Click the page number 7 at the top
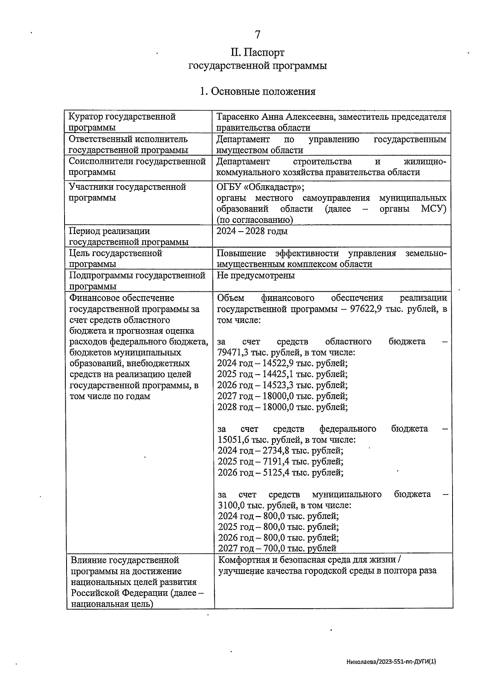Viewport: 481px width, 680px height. click(x=258, y=35)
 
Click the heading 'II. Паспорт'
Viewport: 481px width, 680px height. click(x=257, y=52)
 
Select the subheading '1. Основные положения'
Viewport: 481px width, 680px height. click(x=257, y=92)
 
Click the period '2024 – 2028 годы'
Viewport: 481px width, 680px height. click(x=252, y=231)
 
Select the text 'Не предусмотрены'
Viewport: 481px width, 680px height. click(x=256, y=276)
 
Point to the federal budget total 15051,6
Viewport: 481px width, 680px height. click(x=233, y=440)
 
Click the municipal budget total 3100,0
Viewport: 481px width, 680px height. click(x=231, y=505)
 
